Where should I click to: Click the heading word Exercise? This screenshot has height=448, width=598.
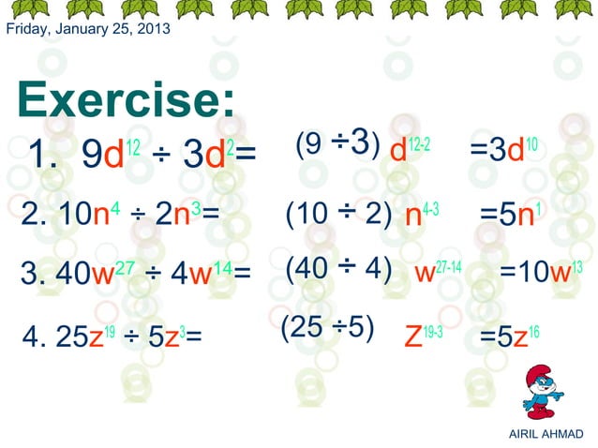(x=125, y=100)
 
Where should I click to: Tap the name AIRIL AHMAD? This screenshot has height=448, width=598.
(x=544, y=434)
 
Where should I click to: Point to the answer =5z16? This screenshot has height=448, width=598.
(x=509, y=335)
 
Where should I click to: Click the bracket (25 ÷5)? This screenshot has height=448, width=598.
(x=328, y=327)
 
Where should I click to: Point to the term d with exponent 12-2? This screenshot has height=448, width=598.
(x=410, y=150)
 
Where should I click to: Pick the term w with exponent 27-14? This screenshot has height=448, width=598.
(x=438, y=272)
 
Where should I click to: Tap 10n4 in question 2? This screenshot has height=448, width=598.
(x=79, y=215)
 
